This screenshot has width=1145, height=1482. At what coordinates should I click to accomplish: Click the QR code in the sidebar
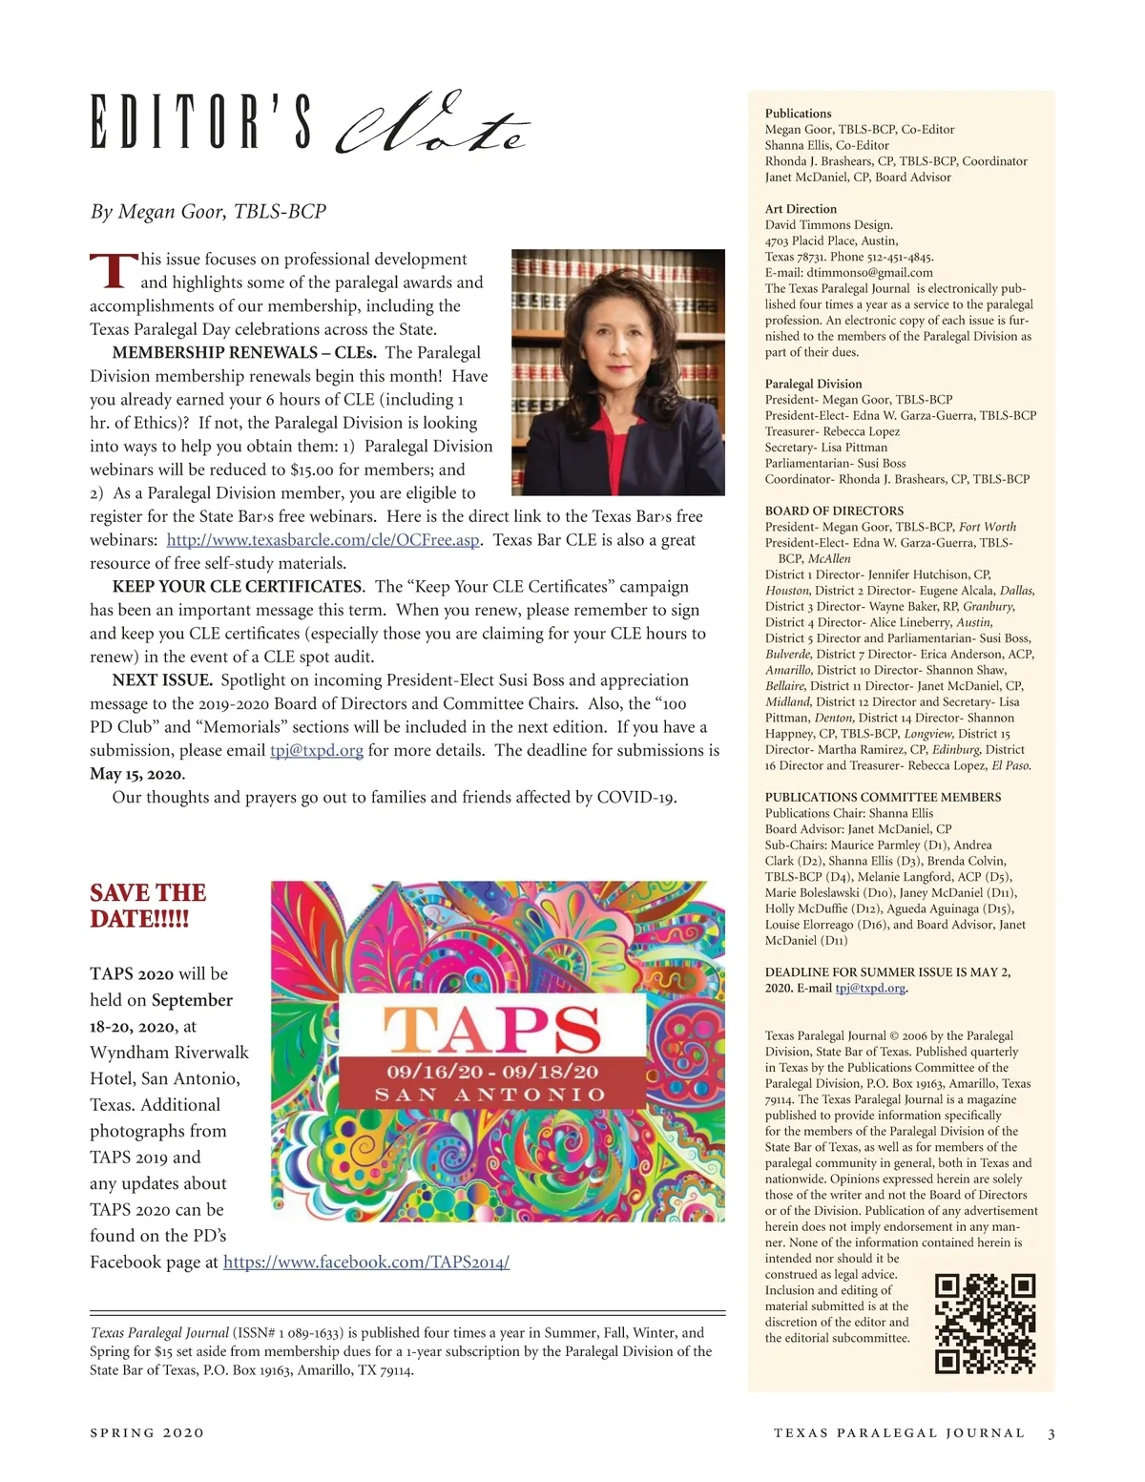pyautogui.click(x=985, y=1323)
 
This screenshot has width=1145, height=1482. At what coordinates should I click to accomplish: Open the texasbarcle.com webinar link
pyautogui.click(x=323, y=540)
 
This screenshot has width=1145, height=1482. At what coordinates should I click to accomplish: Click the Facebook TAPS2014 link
pyautogui.click(x=365, y=1263)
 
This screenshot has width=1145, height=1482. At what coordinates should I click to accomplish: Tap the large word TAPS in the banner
pyautogui.click(x=492, y=1028)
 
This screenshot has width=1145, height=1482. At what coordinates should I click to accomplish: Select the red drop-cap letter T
pyautogui.click(x=111, y=271)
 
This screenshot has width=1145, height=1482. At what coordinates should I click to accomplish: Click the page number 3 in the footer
pyautogui.click(x=1051, y=1432)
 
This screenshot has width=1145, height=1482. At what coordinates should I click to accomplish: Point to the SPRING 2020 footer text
pyautogui.click(x=147, y=1432)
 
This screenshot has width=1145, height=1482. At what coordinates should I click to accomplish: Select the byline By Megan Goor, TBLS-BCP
pyautogui.click(x=208, y=211)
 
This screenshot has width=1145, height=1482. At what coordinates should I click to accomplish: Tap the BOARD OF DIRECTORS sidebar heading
pyautogui.click(x=834, y=511)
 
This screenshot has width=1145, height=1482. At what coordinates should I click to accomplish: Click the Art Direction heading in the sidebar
pyautogui.click(x=801, y=209)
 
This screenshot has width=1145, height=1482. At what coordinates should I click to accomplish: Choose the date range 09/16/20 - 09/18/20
pyautogui.click(x=492, y=1072)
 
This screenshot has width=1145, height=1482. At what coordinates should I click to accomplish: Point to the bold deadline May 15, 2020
pyautogui.click(x=136, y=774)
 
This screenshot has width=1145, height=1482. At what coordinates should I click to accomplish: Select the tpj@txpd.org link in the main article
pyautogui.click(x=317, y=751)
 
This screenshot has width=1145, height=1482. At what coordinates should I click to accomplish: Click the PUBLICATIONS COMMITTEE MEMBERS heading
pyautogui.click(x=883, y=797)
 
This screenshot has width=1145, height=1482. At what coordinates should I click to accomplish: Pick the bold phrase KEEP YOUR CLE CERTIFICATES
pyautogui.click(x=237, y=587)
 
